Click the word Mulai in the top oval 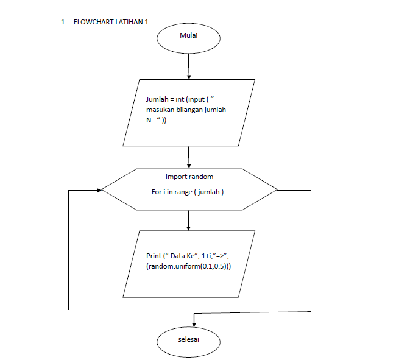188,36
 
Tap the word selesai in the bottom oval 188,339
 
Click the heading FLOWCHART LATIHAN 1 111,22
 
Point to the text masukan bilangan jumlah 186,109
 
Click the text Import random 189,177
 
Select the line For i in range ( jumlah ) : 193,191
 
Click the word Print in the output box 154,256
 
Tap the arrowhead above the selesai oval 194,323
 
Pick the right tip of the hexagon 277,190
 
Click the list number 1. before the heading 63,22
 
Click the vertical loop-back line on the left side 69,250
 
